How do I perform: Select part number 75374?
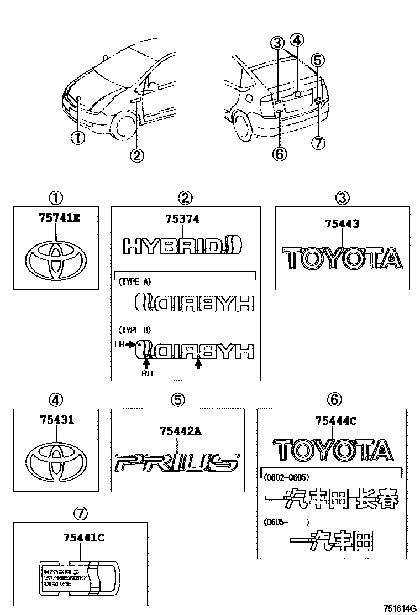point(182,220)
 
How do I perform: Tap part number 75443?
point(342,224)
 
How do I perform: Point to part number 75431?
point(56,420)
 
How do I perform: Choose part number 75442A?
point(179,431)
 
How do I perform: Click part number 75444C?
point(335,421)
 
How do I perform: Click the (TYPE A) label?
point(135,281)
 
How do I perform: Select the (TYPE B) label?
point(135,330)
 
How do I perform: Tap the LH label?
point(120,344)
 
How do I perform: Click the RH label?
point(146,373)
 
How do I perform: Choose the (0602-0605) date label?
point(286,477)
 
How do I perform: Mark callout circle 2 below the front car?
point(136,156)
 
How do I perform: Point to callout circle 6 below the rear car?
point(280,154)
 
